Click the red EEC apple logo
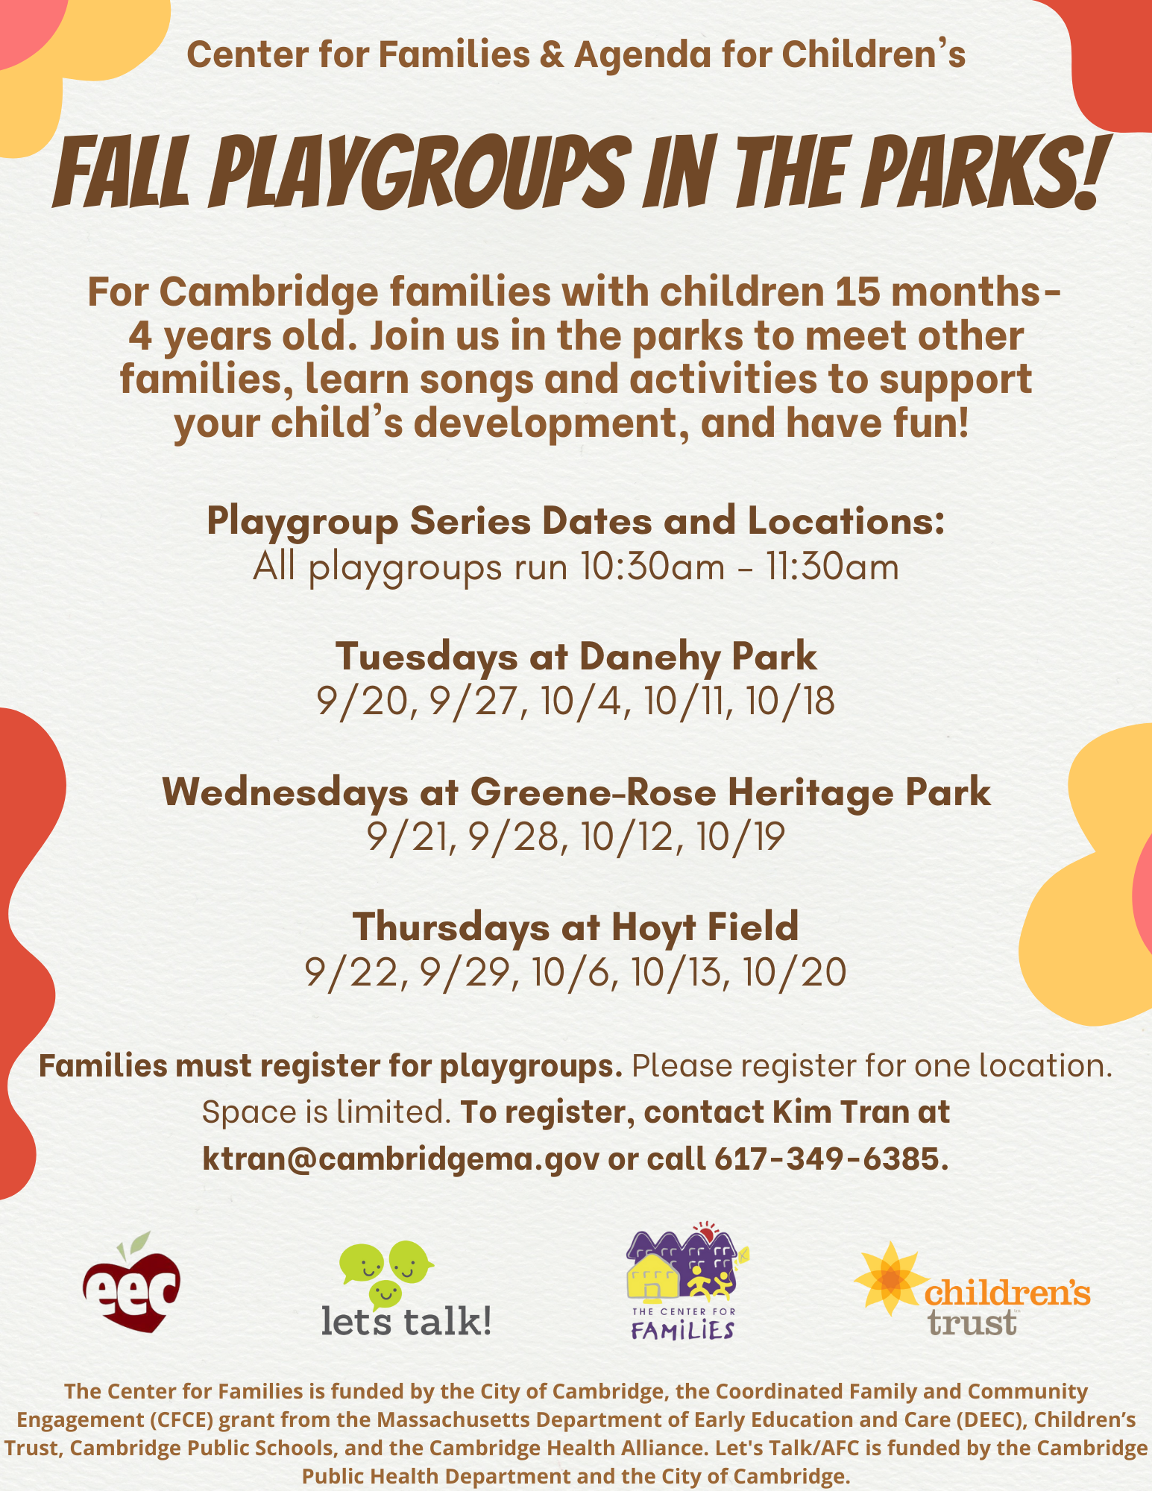(x=132, y=1284)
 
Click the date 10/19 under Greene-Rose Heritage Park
(x=740, y=837)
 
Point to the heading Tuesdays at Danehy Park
(x=576, y=657)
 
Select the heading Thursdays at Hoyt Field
(x=576, y=927)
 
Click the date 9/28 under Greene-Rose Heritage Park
(x=514, y=837)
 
